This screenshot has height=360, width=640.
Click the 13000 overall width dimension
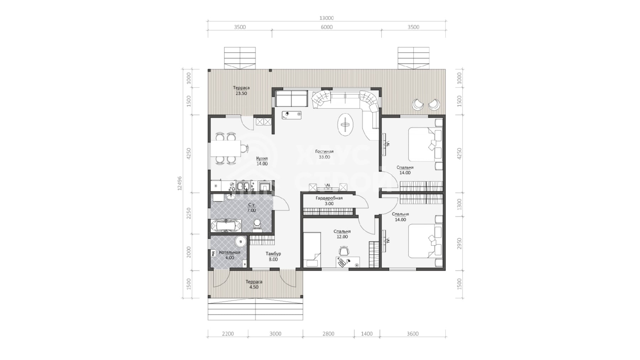[x=326, y=18]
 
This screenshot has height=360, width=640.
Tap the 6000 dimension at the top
[x=326, y=27]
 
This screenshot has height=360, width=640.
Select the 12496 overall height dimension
[x=180, y=183]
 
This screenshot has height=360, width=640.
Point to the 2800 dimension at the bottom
[x=328, y=334]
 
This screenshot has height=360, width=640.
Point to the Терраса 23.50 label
[x=241, y=91]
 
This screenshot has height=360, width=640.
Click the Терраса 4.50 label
[x=254, y=284]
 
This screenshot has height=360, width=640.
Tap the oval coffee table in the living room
[x=345, y=124]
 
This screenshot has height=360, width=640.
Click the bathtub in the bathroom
[x=226, y=226]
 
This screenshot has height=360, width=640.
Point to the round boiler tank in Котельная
[x=241, y=242]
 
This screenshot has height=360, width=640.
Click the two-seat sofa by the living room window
[x=292, y=99]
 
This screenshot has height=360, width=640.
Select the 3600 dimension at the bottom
[x=412, y=334]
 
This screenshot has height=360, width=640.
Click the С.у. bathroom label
[x=251, y=207]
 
